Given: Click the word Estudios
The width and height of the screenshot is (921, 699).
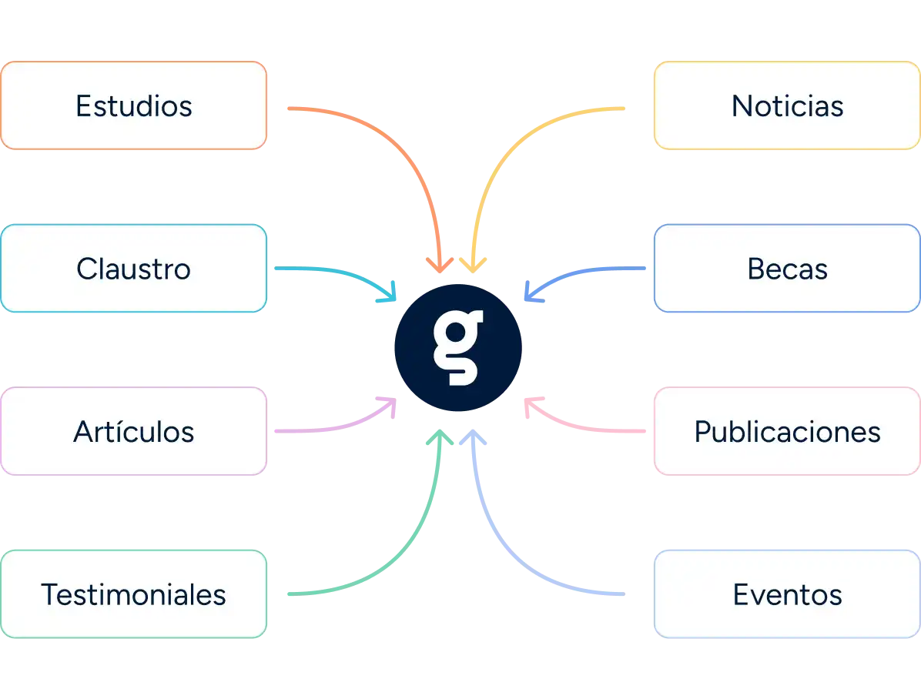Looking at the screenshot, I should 133,106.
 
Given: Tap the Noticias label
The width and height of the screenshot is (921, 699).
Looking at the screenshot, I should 787,106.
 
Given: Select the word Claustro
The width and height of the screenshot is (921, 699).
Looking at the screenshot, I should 133,269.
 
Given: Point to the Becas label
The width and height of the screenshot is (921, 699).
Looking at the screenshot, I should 787,269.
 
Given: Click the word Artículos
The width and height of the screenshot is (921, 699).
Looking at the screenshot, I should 133,432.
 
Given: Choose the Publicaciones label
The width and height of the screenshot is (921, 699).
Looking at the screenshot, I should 787,432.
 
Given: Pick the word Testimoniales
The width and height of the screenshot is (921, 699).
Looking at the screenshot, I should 133,595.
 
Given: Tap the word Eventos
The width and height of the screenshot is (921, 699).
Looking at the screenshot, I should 787,595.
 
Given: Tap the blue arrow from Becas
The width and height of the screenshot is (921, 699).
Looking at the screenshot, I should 585,271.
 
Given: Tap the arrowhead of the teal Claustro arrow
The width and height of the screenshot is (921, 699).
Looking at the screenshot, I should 391,293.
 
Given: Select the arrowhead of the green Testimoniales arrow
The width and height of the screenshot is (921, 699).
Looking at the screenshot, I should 439,436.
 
